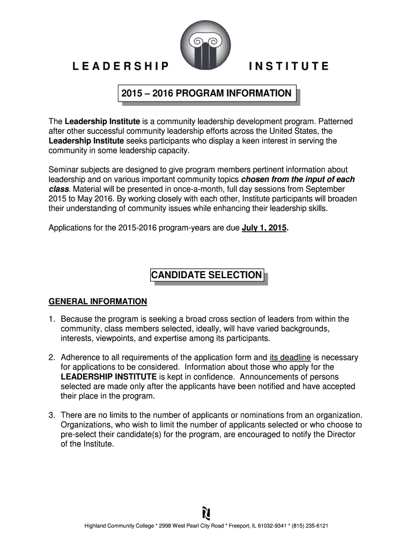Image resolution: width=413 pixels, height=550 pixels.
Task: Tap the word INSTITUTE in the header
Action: click(289, 67)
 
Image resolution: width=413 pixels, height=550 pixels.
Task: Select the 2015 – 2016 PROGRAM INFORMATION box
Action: click(206, 94)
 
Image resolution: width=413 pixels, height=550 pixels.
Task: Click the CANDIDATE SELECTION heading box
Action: click(206, 276)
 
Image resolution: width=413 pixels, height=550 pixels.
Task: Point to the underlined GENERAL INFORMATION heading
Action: click(98, 301)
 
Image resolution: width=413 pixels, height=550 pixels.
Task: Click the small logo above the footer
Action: click(206, 511)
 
